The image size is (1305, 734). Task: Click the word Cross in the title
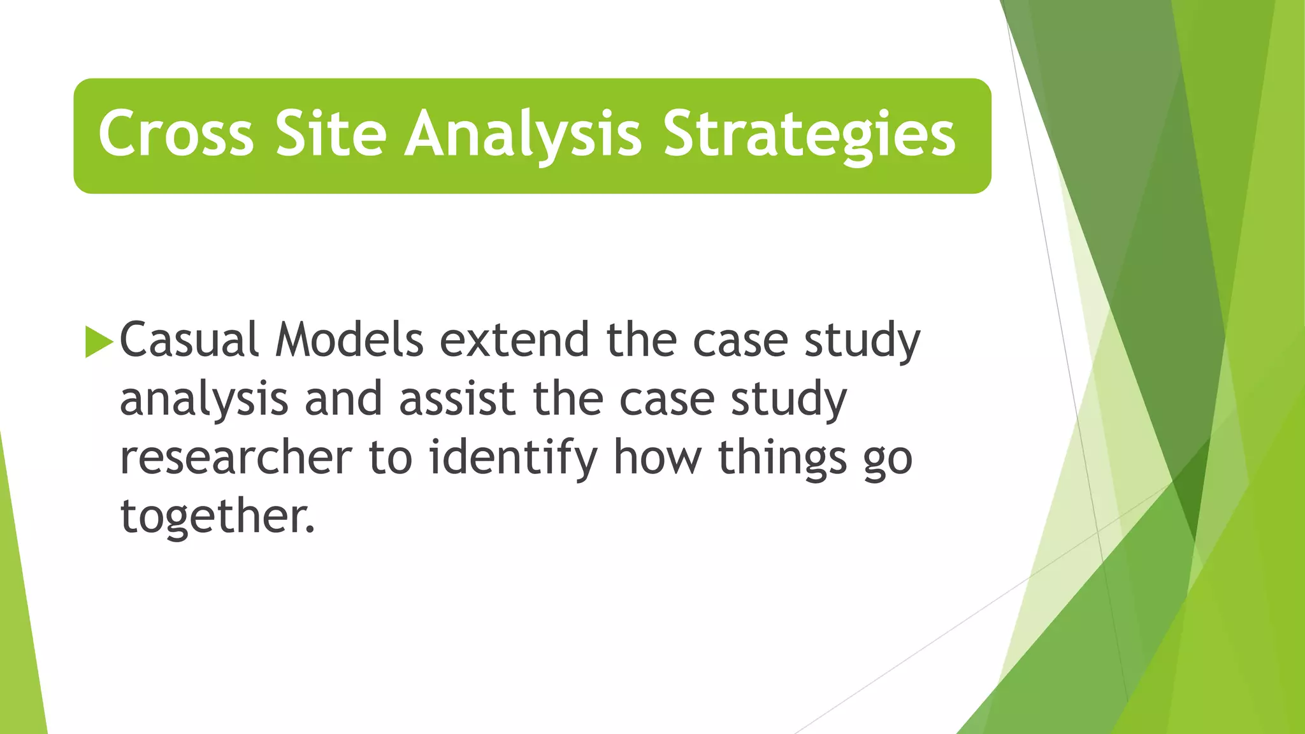[x=176, y=134]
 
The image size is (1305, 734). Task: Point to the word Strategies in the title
[x=809, y=134]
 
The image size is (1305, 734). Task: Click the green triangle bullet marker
[x=98, y=342]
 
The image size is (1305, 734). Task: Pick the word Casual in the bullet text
[x=189, y=340]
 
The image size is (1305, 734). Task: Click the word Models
[x=349, y=340]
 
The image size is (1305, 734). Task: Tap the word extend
[x=514, y=340]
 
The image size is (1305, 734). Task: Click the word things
[x=782, y=457]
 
